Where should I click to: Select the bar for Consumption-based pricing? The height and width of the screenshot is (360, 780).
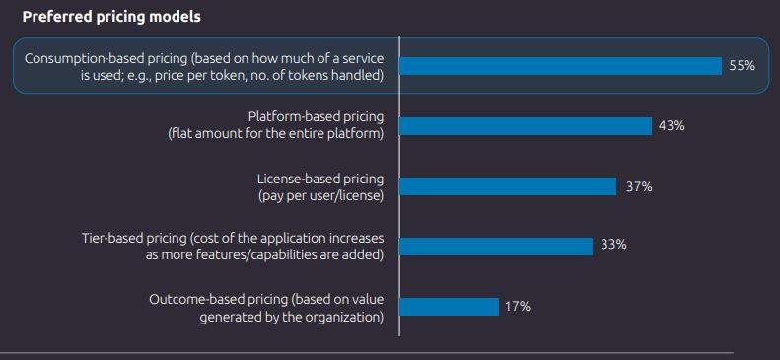[560, 66]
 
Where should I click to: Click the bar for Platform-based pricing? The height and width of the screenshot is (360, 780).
[526, 126]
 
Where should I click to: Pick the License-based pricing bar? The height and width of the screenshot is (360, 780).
[508, 186]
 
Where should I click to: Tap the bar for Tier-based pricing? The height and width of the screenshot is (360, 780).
[496, 246]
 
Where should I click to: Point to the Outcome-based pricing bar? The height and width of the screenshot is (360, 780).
[449, 306]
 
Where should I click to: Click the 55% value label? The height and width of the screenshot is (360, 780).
[742, 66]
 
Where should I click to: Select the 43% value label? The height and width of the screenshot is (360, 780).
[672, 126]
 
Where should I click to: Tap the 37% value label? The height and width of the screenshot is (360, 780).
[639, 186]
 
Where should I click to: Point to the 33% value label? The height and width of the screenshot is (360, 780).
[613, 245]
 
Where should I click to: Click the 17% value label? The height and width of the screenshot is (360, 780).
[518, 306]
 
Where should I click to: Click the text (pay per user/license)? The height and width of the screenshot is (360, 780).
[319, 195]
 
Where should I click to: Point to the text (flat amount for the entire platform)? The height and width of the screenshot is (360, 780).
[277, 135]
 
